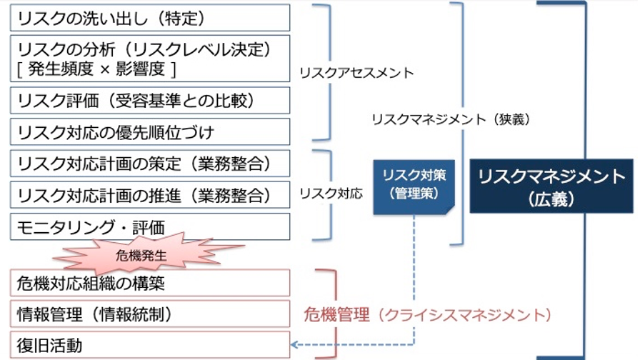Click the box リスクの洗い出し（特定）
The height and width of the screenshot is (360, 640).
pyautogui.click(x=150, y=17)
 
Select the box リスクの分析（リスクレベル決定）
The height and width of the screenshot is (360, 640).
pyautogui.click(x=150, y=50)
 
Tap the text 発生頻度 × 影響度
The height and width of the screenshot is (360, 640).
pyautogui.click(x=96, y=69)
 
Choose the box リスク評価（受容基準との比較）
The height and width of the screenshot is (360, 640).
pyautogui.click(x=150, y=100)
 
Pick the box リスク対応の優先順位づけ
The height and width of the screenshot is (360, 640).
pyautogui.click(x=150, y=132)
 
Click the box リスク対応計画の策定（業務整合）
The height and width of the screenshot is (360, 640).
pyautogui.click(x=150, y=164)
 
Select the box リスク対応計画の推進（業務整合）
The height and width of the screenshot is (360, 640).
pyautogui.click(x=150, y=195)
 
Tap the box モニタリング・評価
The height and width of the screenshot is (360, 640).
pyautogui.click(x=150, y=227)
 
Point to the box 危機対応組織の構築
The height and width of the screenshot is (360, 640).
pyautogui.click(x=150, y=283)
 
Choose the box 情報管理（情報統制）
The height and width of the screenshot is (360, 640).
pyautogui.click(x=150, y=314)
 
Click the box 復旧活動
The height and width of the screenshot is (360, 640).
pyautogui.click(x=150, y=346)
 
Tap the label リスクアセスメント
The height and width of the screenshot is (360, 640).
pyautogui.click(x=356, y=73)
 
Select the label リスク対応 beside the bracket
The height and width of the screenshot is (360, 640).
pyautogui.click(x=331, y=194)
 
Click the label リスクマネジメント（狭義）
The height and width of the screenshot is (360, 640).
pyautogui.click(x=451, y=120)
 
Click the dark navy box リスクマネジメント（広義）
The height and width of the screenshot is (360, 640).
pyautogui.click(x=551, y=187)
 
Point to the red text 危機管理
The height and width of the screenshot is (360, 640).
pyautogui.click(x=336, y=314)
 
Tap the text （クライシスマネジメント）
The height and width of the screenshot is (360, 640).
pyautogui.click(x=464, y=314)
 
